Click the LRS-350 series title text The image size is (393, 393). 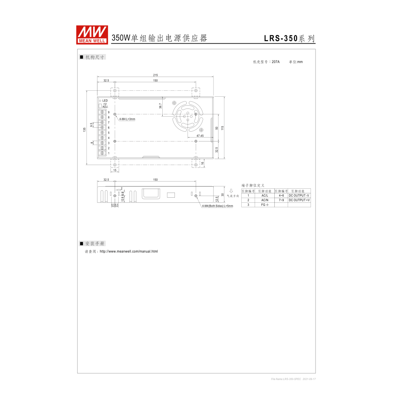click(x=289, y=39)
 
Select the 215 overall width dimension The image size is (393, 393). click(x=155, y=75)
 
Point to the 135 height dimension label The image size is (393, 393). click(x=84, y=130)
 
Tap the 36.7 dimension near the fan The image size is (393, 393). click(x=160, y=106)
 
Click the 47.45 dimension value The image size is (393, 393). click(x=200, y=136)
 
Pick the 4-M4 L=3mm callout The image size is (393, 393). click(x=127, y=119)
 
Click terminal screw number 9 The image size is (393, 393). click(x=103, y=112)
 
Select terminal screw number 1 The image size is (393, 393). click(x=103, y=153)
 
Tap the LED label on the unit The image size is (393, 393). click(x=105, y=101)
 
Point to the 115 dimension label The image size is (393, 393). click(x=222, y=128)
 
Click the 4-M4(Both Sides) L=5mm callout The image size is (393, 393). click(x=217, y=206)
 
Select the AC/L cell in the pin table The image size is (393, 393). click(x=264, y=195)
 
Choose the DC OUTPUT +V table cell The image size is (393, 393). click(x=299, y=200)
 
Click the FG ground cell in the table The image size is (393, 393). click(x=264, y=205)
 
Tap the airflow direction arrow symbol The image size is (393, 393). click(x=231, y=191)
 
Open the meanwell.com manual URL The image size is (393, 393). click(x=129, y=251)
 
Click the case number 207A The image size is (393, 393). click(x=275, y=62)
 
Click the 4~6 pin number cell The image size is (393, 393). click(x=281, y=195)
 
